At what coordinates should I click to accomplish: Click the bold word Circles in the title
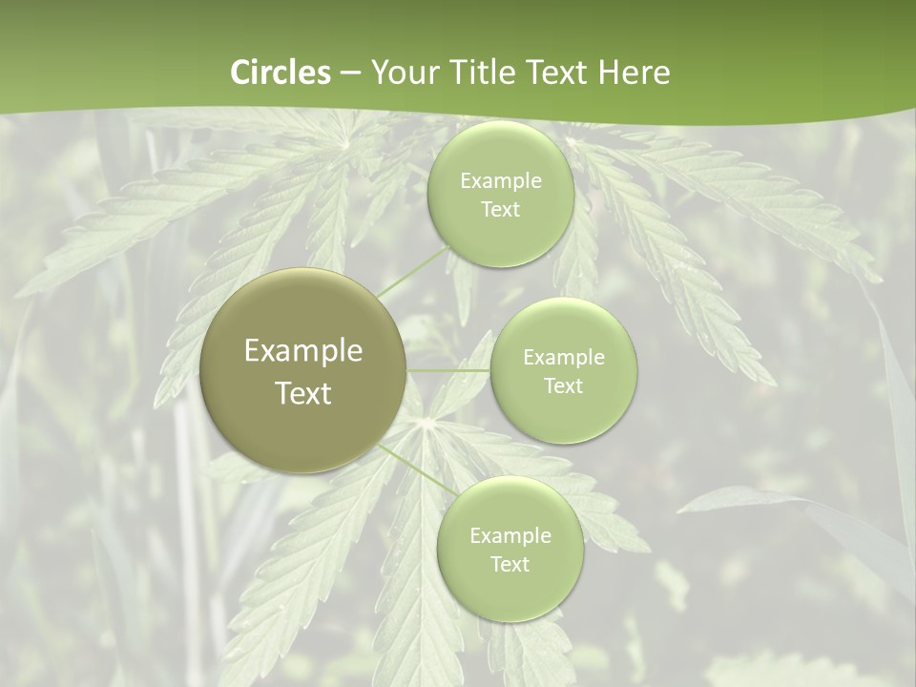[x=281, y=73]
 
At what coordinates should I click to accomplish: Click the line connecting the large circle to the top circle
[x=413, y=271]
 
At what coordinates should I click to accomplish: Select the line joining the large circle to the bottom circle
[x=410, y=467]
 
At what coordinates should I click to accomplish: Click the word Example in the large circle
[x=303, y=351]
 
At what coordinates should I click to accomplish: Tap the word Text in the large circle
[x=303, y=393]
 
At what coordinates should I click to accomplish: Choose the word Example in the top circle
[x=501, y=181]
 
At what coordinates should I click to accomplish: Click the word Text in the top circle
[x=501, y=209]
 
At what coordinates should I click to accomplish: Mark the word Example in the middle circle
[x=564, y=358]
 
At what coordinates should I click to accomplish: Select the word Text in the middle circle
[x=564, y=385]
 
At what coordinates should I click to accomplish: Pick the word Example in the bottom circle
[x=510, y=536]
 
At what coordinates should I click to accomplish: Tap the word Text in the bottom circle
[x=510, y=564]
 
